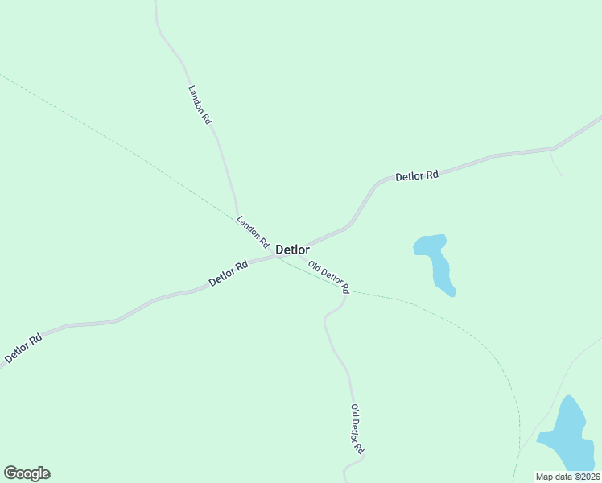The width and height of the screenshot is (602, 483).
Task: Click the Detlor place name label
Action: [293, 250]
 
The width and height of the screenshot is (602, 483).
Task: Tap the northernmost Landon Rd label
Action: [200, 105]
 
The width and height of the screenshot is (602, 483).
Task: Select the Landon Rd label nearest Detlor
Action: [252, 230]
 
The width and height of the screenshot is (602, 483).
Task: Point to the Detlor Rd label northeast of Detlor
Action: [417, 175]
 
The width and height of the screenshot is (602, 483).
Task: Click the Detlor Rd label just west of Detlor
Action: [228, 273]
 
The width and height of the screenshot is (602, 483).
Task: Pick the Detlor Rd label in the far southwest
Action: [23, 348]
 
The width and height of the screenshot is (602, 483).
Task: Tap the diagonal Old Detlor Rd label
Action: [328, 276]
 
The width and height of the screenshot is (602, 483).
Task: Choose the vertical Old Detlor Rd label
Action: [358, 428]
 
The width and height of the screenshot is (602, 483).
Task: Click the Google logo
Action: [27, 473]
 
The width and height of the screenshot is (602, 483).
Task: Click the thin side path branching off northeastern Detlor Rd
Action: [555, 163]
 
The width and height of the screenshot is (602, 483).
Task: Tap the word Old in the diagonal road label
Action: [314, 266]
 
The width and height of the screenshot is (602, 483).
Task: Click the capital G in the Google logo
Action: [10, 473]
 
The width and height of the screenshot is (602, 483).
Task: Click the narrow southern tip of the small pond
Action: [451, 292]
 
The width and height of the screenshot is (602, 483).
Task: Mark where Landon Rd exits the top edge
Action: [155, 2]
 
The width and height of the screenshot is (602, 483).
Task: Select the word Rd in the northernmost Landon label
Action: [207, 118]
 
